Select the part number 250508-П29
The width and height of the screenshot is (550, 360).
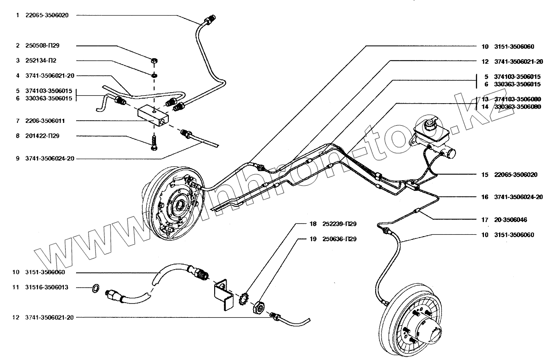click(44, 45)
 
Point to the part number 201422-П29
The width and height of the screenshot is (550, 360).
click(44, 136)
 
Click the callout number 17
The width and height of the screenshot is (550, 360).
click(485, 220)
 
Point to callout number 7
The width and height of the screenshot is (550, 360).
click(17, 121)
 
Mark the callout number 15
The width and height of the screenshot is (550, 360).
click(485, 175)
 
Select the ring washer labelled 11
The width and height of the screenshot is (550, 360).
click(95, 288)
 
